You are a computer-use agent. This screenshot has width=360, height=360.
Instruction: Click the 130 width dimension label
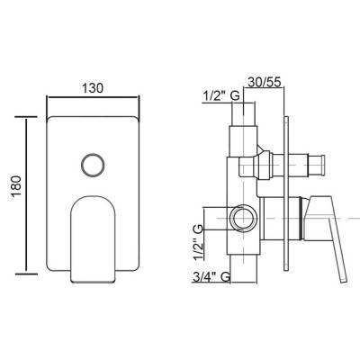(93, 88)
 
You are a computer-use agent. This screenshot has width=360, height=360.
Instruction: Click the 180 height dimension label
(17, 186)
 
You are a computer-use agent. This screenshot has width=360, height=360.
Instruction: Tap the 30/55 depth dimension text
(263, 81)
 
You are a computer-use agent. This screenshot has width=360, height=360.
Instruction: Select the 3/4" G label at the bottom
(211, 276)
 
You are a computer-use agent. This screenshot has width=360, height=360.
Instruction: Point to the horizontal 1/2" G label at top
(221, 96)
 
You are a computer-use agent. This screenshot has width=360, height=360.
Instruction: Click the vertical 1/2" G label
(198, 242)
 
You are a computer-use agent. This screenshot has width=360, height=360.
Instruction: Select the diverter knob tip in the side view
(316, 164)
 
